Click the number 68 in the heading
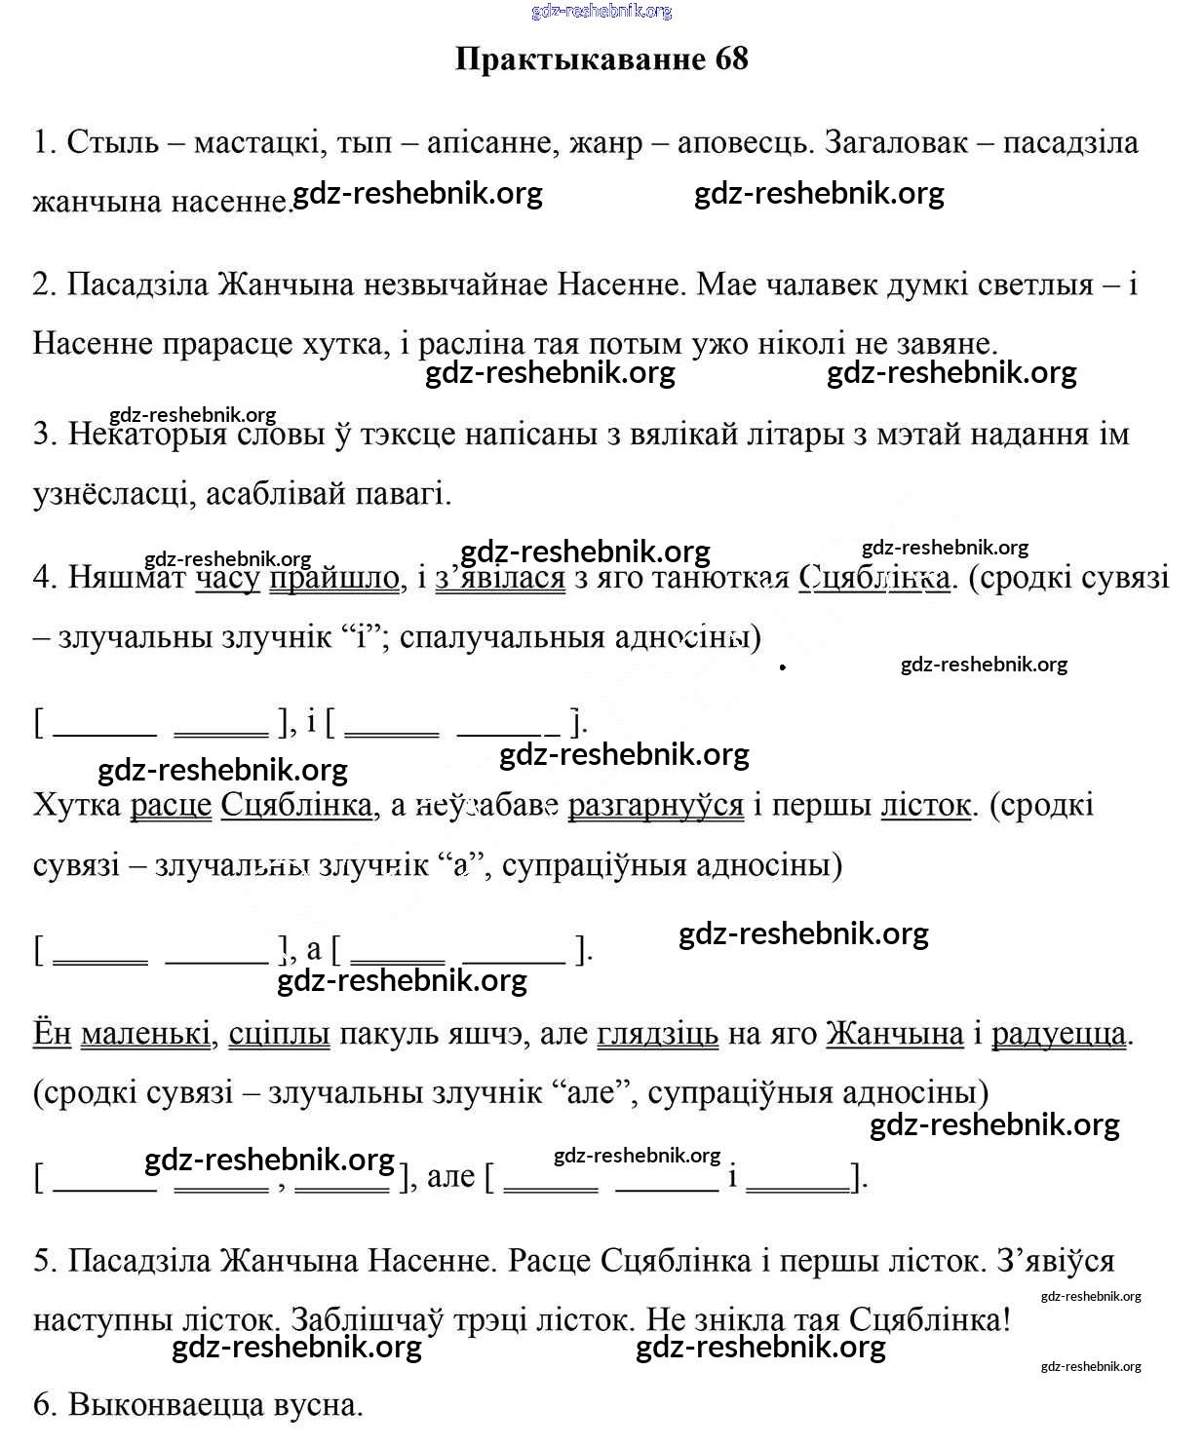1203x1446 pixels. click(731, 59)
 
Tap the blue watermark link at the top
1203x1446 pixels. click(601, 12)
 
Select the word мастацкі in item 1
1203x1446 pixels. click(258, 143)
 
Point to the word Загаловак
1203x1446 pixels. click(896, 143)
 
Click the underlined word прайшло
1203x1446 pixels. click(334, 578)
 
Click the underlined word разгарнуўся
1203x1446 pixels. click(655, 806)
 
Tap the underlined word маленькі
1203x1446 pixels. click(146, 1034)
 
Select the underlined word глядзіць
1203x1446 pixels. click(657, 1034)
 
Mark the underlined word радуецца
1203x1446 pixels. click(1059, 1034)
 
